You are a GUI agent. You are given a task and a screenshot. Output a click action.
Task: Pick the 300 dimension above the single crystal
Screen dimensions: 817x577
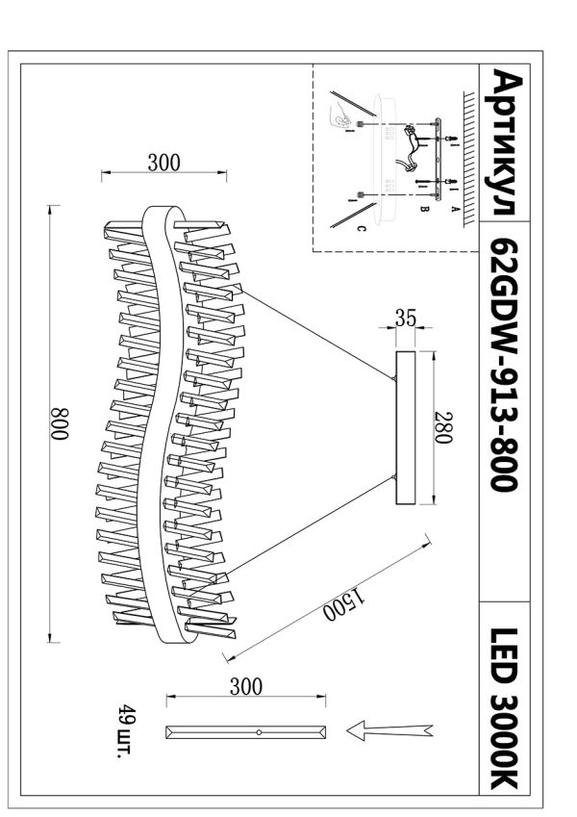[246, 687]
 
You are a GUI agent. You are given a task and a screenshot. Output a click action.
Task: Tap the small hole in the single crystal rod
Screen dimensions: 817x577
[260, 733]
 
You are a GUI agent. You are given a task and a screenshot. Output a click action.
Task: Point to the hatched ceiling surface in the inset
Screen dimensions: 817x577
[468, 154]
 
